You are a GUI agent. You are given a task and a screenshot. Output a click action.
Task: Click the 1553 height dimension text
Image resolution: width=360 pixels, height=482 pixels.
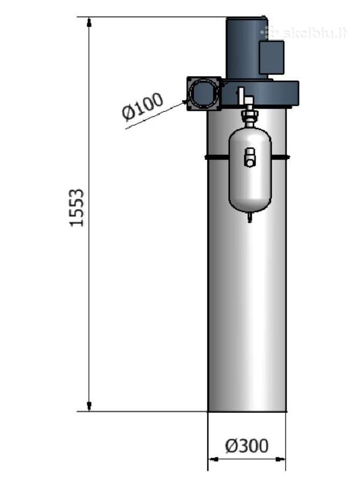pos(77,208)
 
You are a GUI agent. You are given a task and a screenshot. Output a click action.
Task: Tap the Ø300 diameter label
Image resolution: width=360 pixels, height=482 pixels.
pos(247,446)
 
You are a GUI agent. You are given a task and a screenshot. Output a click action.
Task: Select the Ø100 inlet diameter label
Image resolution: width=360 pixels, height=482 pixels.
pos(142,106)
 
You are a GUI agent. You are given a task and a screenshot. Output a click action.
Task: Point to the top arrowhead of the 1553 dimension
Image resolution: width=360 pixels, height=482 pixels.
pos(89,22)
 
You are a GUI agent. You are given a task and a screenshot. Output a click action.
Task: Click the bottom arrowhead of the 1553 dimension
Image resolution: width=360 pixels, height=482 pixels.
pos(89,406)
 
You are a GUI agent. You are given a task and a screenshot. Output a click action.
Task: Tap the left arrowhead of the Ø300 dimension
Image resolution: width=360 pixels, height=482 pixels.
pos(214,460)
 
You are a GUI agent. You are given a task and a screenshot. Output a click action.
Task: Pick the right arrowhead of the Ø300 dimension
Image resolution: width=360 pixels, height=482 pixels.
pos(280,460)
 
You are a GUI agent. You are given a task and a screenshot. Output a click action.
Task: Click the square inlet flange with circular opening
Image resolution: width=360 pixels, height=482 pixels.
pos(204,93)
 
